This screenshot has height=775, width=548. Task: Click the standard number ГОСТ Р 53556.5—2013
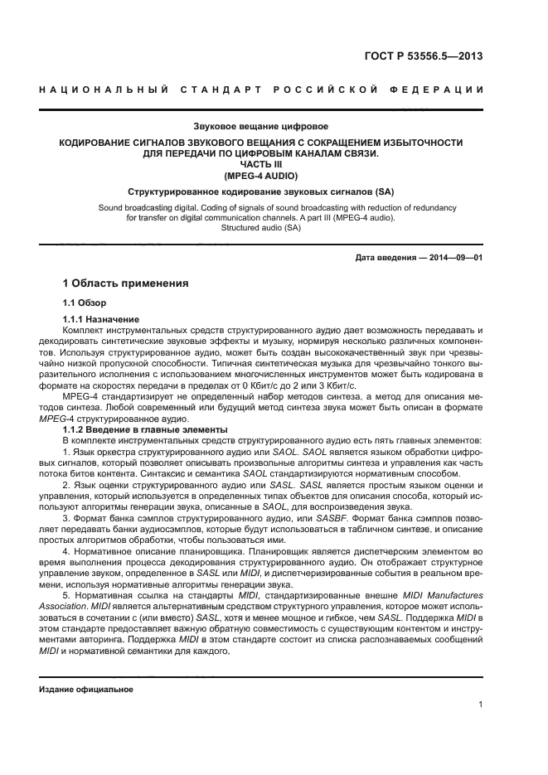(424, 57)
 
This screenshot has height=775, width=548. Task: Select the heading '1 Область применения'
(125, 283)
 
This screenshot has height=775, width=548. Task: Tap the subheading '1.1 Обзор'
(85, 303)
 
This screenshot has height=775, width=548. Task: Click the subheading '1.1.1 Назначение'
(101, 320)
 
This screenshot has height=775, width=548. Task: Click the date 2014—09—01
(454, 258)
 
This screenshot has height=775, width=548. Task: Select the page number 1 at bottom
(480, 705)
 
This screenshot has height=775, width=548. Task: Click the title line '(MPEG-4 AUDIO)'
(260, 177)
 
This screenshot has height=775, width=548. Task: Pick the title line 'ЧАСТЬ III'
(260, 165)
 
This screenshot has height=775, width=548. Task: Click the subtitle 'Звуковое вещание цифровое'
(260, 127)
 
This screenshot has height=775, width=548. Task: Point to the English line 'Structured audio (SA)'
(260, 228)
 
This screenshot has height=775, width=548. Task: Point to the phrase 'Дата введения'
(386, 258)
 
